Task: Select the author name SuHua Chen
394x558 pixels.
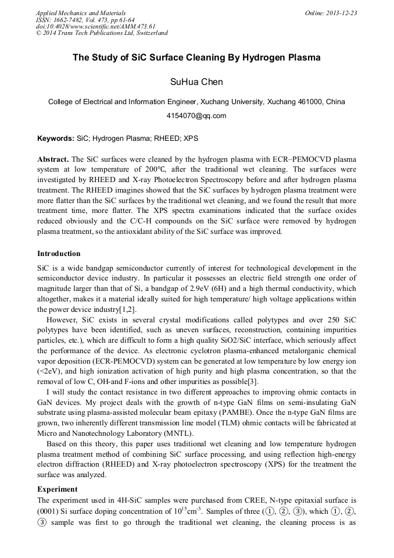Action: click(x=196, y=82)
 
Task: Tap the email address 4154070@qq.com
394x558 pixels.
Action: click(x=196, y=116)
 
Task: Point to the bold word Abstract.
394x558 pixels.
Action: click(x=53, y=159)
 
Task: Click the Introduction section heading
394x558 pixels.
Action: click(x=59, y=254)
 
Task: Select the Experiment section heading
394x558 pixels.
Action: click(x=57, y=489)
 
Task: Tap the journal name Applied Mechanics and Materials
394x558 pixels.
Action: click(x=81, y=13)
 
